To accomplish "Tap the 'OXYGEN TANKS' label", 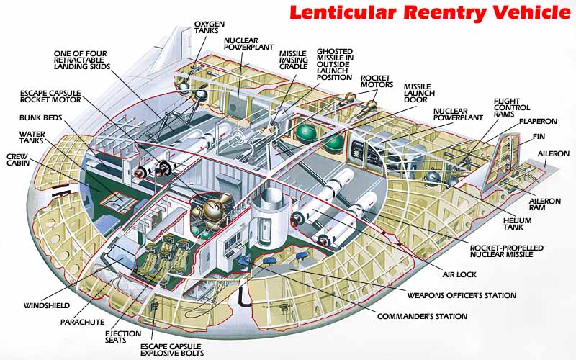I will coord(210,27).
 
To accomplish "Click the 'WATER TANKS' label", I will coord(32,138).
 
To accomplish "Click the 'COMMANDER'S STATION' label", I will coord(422,316).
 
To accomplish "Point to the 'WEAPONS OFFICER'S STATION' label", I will coord(462,294).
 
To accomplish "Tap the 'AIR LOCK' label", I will coord(459,274).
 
